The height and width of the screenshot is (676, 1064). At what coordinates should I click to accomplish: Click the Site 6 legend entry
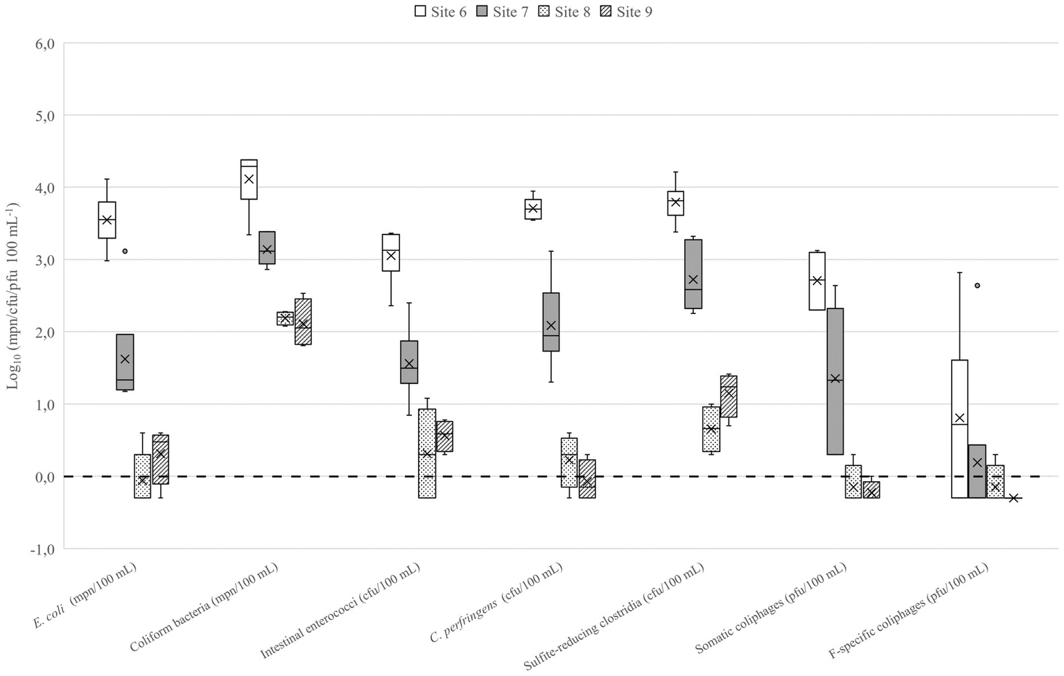(440, 12)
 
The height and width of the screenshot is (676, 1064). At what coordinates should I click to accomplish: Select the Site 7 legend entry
(503, 12)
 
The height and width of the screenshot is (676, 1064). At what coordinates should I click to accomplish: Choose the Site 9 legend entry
(626, 12)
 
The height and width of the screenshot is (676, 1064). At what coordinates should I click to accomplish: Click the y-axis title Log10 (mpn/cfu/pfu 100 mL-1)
(13, 296)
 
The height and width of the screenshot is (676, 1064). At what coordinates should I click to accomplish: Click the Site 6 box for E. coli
(107, 220)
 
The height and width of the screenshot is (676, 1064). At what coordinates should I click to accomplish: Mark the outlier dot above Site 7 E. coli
(125, 251)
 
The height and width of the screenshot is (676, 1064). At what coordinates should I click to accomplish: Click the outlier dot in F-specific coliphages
(977, 285)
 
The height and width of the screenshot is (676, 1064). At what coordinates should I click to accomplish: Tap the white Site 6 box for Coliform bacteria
(249, 180)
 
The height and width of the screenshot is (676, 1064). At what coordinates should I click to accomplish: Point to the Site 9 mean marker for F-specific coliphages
(1013, 498)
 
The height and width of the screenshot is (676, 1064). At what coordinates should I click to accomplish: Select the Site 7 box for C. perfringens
(551, 322)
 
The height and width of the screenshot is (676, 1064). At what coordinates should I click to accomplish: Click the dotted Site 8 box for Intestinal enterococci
(427, 453)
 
